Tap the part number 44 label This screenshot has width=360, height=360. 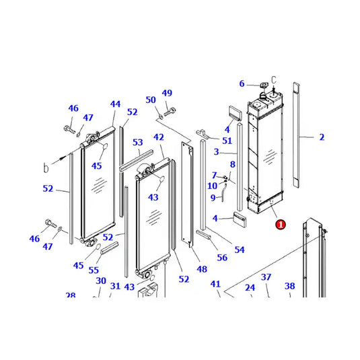pyautogui.click(x=115, y=104)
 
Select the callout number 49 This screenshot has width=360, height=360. pyautogui.click(x=167, y=93)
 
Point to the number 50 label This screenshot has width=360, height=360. pyautogui.click(x=151, y=100)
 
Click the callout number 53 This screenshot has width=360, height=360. pyautogui.click(x=137, y=143)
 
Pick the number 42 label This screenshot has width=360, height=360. pyautogui.click(x=159, y=137)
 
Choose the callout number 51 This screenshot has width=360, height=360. pyautogui.click(x=227, y=141)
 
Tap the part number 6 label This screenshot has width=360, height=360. pyautogui.click(x=242, y=84)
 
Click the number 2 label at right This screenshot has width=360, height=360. pyautogui.click(x=322, y=137)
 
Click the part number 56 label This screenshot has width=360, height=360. pyautogui.click(x=222, y=257)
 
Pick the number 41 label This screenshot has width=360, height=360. pyautogui.click(x=215, y=284)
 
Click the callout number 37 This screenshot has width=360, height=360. pyautogui.click(x=266, y=277)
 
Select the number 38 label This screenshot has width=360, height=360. pyautogui.click(x=289, y=286)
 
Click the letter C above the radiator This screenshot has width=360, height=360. pyautogui.click(x=274, y=79)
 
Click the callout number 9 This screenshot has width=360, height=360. pyautogui.click(x=213, y=197)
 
